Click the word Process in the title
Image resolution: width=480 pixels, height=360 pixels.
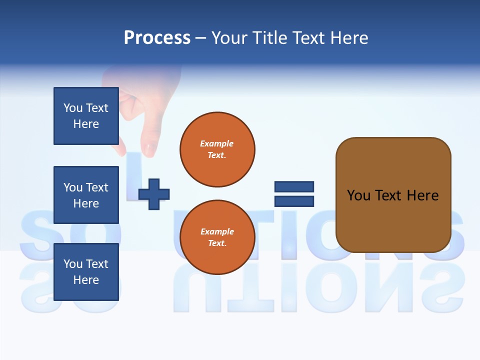tap(157, 38)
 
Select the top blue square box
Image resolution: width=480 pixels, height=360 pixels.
tap(86, 116)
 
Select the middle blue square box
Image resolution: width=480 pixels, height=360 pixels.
tap(86, 195)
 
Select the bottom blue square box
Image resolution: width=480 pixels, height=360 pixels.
tap(86, 272)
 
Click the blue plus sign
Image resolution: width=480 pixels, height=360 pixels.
tap(154, 194)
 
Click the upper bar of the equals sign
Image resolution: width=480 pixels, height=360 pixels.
tap(294, 187)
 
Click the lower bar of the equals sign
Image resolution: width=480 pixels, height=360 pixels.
tap(294, 201)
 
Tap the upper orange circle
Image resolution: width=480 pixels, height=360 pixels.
tap(217, 149)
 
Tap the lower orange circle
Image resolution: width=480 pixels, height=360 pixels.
tap(217, 237)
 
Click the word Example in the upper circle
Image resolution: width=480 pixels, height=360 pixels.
tap(217, 143)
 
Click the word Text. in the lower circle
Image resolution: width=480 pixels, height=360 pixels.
tap(217, 243)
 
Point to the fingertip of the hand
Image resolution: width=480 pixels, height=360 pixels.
tap(149, 149)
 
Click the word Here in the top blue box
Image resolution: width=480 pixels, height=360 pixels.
tap(86, 124)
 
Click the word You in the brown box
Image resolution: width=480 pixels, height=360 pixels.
tap(358, 195)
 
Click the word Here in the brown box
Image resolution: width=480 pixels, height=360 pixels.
tap(422, 195)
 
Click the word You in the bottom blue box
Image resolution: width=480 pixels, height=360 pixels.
tap(73, 264)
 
